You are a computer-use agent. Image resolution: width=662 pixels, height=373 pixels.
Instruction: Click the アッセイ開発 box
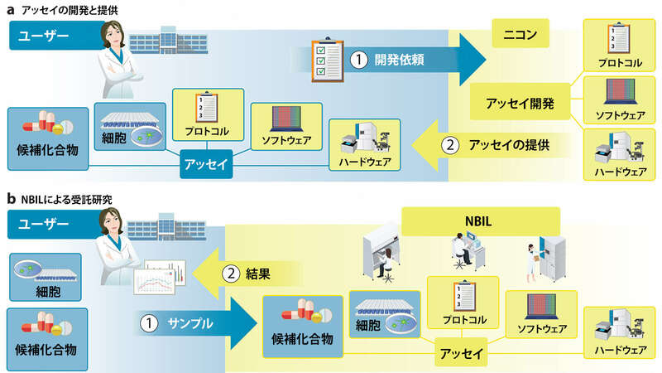[519, 104]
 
